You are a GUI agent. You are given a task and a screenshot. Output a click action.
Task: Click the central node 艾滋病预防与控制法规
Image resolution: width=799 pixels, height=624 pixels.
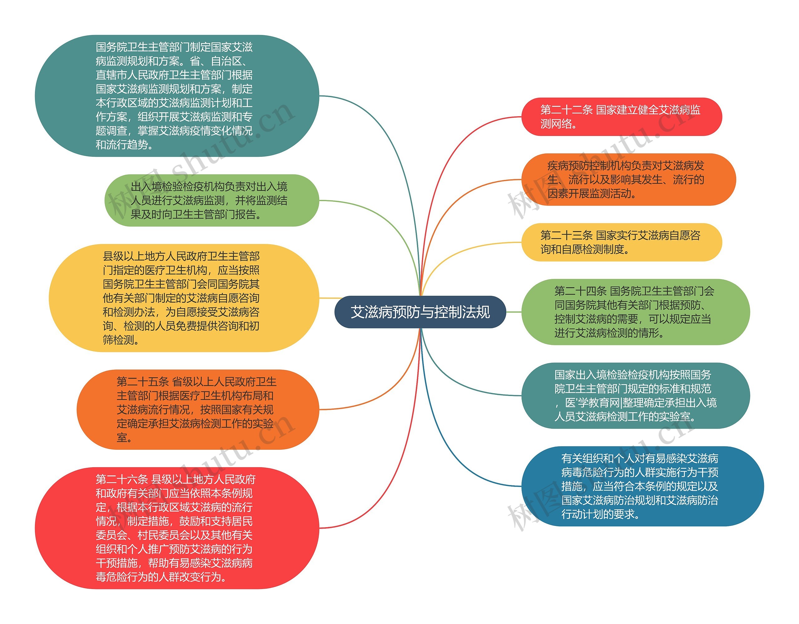click(420, 312)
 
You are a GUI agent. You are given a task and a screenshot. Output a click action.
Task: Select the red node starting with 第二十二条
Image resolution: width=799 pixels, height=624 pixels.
click(621, 117)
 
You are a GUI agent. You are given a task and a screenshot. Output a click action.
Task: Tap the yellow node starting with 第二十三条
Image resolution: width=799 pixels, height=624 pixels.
click(621, 242)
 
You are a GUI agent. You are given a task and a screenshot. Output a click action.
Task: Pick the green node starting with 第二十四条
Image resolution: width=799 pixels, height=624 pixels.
click(635, 312)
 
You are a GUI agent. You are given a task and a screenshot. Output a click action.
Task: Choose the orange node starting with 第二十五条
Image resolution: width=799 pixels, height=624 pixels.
click(198, 409)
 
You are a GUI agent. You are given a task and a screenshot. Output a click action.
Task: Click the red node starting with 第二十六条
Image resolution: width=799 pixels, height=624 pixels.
click(177, 528)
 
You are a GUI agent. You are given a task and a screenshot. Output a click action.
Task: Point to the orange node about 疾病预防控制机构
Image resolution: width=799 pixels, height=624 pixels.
click(628, 179)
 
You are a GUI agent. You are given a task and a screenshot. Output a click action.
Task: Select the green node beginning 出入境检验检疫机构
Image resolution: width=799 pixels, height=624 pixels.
click(212, 200)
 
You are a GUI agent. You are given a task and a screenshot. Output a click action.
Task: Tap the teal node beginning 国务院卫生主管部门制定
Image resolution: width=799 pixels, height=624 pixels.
click(177, 96)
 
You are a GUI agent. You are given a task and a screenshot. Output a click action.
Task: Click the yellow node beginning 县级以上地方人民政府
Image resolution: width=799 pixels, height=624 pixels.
click(184, 298)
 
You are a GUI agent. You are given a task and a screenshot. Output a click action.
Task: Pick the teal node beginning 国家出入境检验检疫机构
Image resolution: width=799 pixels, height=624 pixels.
click(635, 396)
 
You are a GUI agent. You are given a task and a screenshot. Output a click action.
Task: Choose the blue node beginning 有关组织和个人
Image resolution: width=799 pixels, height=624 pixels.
click(642, 486)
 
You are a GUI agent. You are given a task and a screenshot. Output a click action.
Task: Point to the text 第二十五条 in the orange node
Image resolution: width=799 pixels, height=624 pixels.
click(143, 382)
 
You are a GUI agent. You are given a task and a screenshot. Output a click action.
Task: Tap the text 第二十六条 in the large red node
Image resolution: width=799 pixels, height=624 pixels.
click(122, 479)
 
